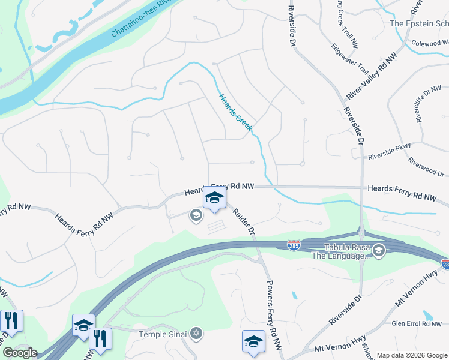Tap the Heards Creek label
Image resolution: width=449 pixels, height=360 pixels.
[x=235, y=112]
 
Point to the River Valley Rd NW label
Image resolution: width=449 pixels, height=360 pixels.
[x=373, y=76]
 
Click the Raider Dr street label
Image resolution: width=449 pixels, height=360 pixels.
[x=244, y=221]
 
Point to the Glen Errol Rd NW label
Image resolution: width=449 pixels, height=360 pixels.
[x=416, y=324]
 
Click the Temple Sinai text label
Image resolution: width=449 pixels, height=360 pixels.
[x=162, y=334]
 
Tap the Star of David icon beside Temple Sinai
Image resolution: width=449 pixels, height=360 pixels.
[x=196, y=333]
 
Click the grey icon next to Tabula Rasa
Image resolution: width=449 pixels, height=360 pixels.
[x=378, y=250]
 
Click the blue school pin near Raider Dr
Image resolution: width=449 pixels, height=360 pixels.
[x=214, y=198]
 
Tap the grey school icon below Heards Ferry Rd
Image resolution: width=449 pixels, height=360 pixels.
[x=195, y=215]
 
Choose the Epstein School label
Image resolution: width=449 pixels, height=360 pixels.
[x=419, y=23]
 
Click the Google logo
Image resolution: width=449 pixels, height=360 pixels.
[x=20, y=353]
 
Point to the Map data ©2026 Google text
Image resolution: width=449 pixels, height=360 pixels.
[x=411, y=355]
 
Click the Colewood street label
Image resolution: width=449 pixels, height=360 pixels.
[x=430, y=43]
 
